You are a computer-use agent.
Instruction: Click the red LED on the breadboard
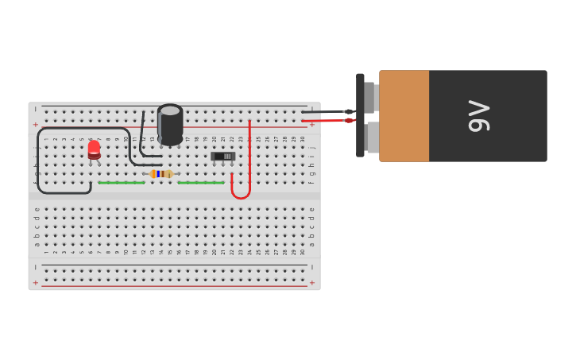click(94, 149)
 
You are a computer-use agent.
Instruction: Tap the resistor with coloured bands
click(161, 173)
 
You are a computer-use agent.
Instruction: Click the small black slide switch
click(223, 157)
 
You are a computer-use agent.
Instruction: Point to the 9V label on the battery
click(478, 116)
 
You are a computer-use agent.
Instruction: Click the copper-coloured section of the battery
click(404, 116)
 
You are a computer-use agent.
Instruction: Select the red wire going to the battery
click(326, 121)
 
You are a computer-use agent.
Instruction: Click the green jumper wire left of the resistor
click(121, 183)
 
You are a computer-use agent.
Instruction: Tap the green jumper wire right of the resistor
click(200, 183)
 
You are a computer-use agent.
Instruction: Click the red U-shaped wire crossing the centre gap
click(241, 195)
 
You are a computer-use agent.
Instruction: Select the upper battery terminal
click(370, 97)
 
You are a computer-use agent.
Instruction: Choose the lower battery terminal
click(372, 137)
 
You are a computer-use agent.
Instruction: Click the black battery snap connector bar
click(360, 115)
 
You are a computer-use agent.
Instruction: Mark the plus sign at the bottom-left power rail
click(35, 282)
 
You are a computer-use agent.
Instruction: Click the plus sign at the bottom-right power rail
click(312, 282)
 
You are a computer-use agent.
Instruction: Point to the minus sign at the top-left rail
click(35, 109)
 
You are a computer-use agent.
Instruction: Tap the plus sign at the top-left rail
click(35, 125)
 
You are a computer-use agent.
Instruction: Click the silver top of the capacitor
click(170, 110)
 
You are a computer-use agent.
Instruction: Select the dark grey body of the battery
click(508, 143)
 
